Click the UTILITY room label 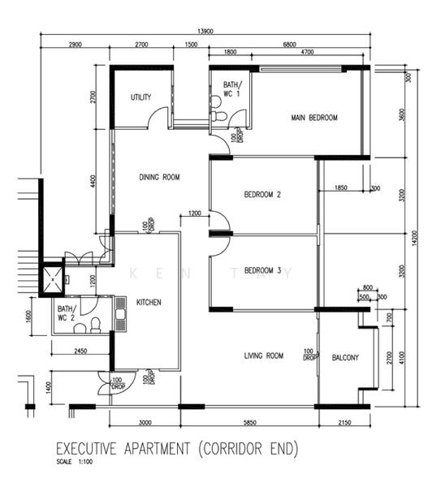[141, 97]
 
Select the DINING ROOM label [159, 177]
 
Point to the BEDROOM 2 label [262, 195]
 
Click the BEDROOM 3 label [262, 270]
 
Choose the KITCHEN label [149, 302]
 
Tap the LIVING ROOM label [263, 356]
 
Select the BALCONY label [345, 358]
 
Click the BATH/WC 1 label [231, 88]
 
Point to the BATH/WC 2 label [66, 313]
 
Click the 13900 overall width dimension [206, 31]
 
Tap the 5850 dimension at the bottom [248, 423]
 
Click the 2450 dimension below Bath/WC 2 [80, 351]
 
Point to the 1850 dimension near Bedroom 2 [340, 188]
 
